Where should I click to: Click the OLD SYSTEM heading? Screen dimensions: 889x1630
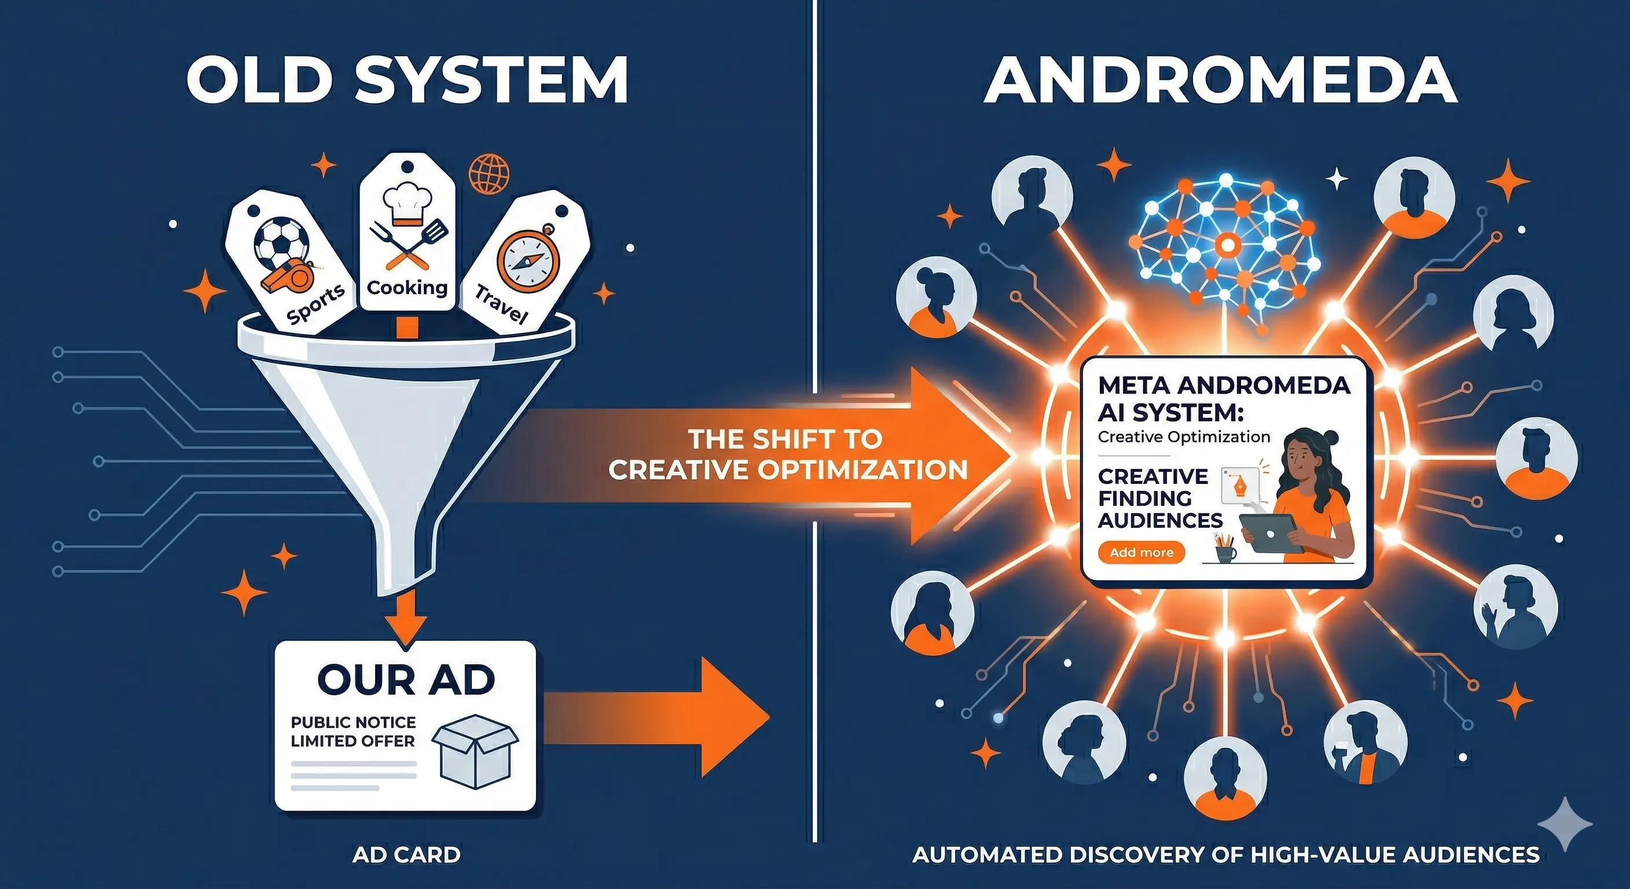click(x=407, y=80)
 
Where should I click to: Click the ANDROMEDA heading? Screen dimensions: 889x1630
click(x=1221, y=80)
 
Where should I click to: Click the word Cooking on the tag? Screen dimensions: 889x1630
click(x=407, y=288)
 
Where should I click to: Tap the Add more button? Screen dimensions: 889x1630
click(x=1141, y=552)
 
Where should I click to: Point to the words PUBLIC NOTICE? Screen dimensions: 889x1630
click(x=353, y=722)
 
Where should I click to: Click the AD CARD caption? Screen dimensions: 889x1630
click(x=406, y=855)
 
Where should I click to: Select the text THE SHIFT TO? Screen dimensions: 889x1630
click(x=785, y=439)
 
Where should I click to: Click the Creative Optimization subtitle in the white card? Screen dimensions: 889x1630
click(x=1183, y=436)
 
